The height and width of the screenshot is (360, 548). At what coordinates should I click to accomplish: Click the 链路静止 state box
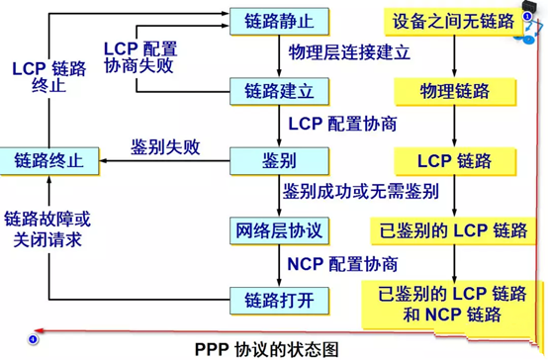(279, 22)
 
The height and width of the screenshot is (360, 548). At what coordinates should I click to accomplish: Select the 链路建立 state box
(279, 91)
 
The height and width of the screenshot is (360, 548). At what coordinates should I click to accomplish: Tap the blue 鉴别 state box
(279, 161)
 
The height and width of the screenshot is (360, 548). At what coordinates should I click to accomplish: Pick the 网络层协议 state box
(279, 230)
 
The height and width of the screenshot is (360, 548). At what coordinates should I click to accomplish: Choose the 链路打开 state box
(279, 301)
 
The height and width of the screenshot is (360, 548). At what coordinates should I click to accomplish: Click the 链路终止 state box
(49, 161)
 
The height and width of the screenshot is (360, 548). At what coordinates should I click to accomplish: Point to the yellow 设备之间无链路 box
(454, 22)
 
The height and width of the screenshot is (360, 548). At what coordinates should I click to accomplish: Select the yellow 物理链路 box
(455, 92)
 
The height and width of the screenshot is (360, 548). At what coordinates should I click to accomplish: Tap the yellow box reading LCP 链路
(455, 161)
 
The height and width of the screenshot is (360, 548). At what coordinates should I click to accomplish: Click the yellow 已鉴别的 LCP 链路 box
(453, 230)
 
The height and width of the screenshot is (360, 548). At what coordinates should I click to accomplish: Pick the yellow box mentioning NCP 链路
(449, 305)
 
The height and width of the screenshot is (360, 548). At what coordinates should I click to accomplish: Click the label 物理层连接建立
(349, 52)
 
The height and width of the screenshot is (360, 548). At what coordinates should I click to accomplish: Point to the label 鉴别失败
(165, 147)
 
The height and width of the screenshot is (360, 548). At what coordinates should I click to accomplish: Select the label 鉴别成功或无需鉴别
(361, 192)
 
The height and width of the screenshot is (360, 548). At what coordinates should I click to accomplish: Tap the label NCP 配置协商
(342, 264)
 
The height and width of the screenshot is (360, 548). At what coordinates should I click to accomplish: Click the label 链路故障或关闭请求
(47, 229)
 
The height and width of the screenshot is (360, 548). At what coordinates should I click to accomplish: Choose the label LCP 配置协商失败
(140, 57)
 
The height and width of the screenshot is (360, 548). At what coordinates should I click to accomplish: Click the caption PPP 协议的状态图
(267, 349)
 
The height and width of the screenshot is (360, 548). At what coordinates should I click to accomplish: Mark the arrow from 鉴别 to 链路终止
(164, 161)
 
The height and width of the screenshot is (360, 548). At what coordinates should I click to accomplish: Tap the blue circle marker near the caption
(33, 339)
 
